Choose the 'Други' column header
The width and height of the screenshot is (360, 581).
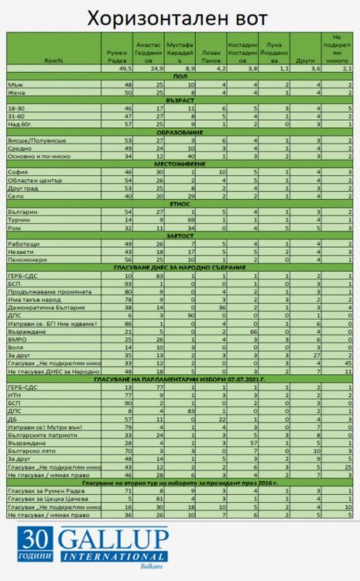pos(302,59)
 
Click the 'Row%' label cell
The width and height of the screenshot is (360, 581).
pos(54,59)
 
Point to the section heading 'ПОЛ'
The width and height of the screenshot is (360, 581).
pos(180,77)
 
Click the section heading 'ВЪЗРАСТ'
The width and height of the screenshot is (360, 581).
pos(180,100)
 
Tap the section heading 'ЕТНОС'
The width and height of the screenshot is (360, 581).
pos(180,204)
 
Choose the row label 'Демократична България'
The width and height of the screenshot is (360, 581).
pos(43,307)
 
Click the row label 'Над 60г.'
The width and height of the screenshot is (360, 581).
pos(22,124)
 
